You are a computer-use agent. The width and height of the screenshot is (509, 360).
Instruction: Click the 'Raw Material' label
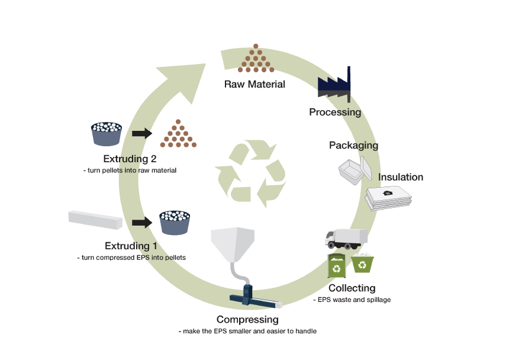coord(254,84)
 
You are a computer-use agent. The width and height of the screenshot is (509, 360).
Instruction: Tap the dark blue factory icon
coord(334,85)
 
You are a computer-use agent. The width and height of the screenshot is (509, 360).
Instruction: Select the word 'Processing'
coord(335,112)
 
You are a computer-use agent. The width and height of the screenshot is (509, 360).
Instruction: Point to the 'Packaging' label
coord(353,146)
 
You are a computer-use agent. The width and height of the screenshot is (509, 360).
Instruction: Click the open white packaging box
coord(355,172)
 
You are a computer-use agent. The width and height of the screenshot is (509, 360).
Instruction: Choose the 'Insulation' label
coord(401,177)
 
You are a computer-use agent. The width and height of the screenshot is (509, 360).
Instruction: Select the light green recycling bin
coord(362,263)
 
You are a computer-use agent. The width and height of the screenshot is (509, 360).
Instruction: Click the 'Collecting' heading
coord(352,288)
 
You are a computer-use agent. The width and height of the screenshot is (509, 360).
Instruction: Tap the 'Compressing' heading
coord(247,320)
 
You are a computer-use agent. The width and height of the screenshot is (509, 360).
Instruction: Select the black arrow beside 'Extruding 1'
coord(141,223)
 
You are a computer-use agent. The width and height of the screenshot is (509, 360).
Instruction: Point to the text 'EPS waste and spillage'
coord(352,300)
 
